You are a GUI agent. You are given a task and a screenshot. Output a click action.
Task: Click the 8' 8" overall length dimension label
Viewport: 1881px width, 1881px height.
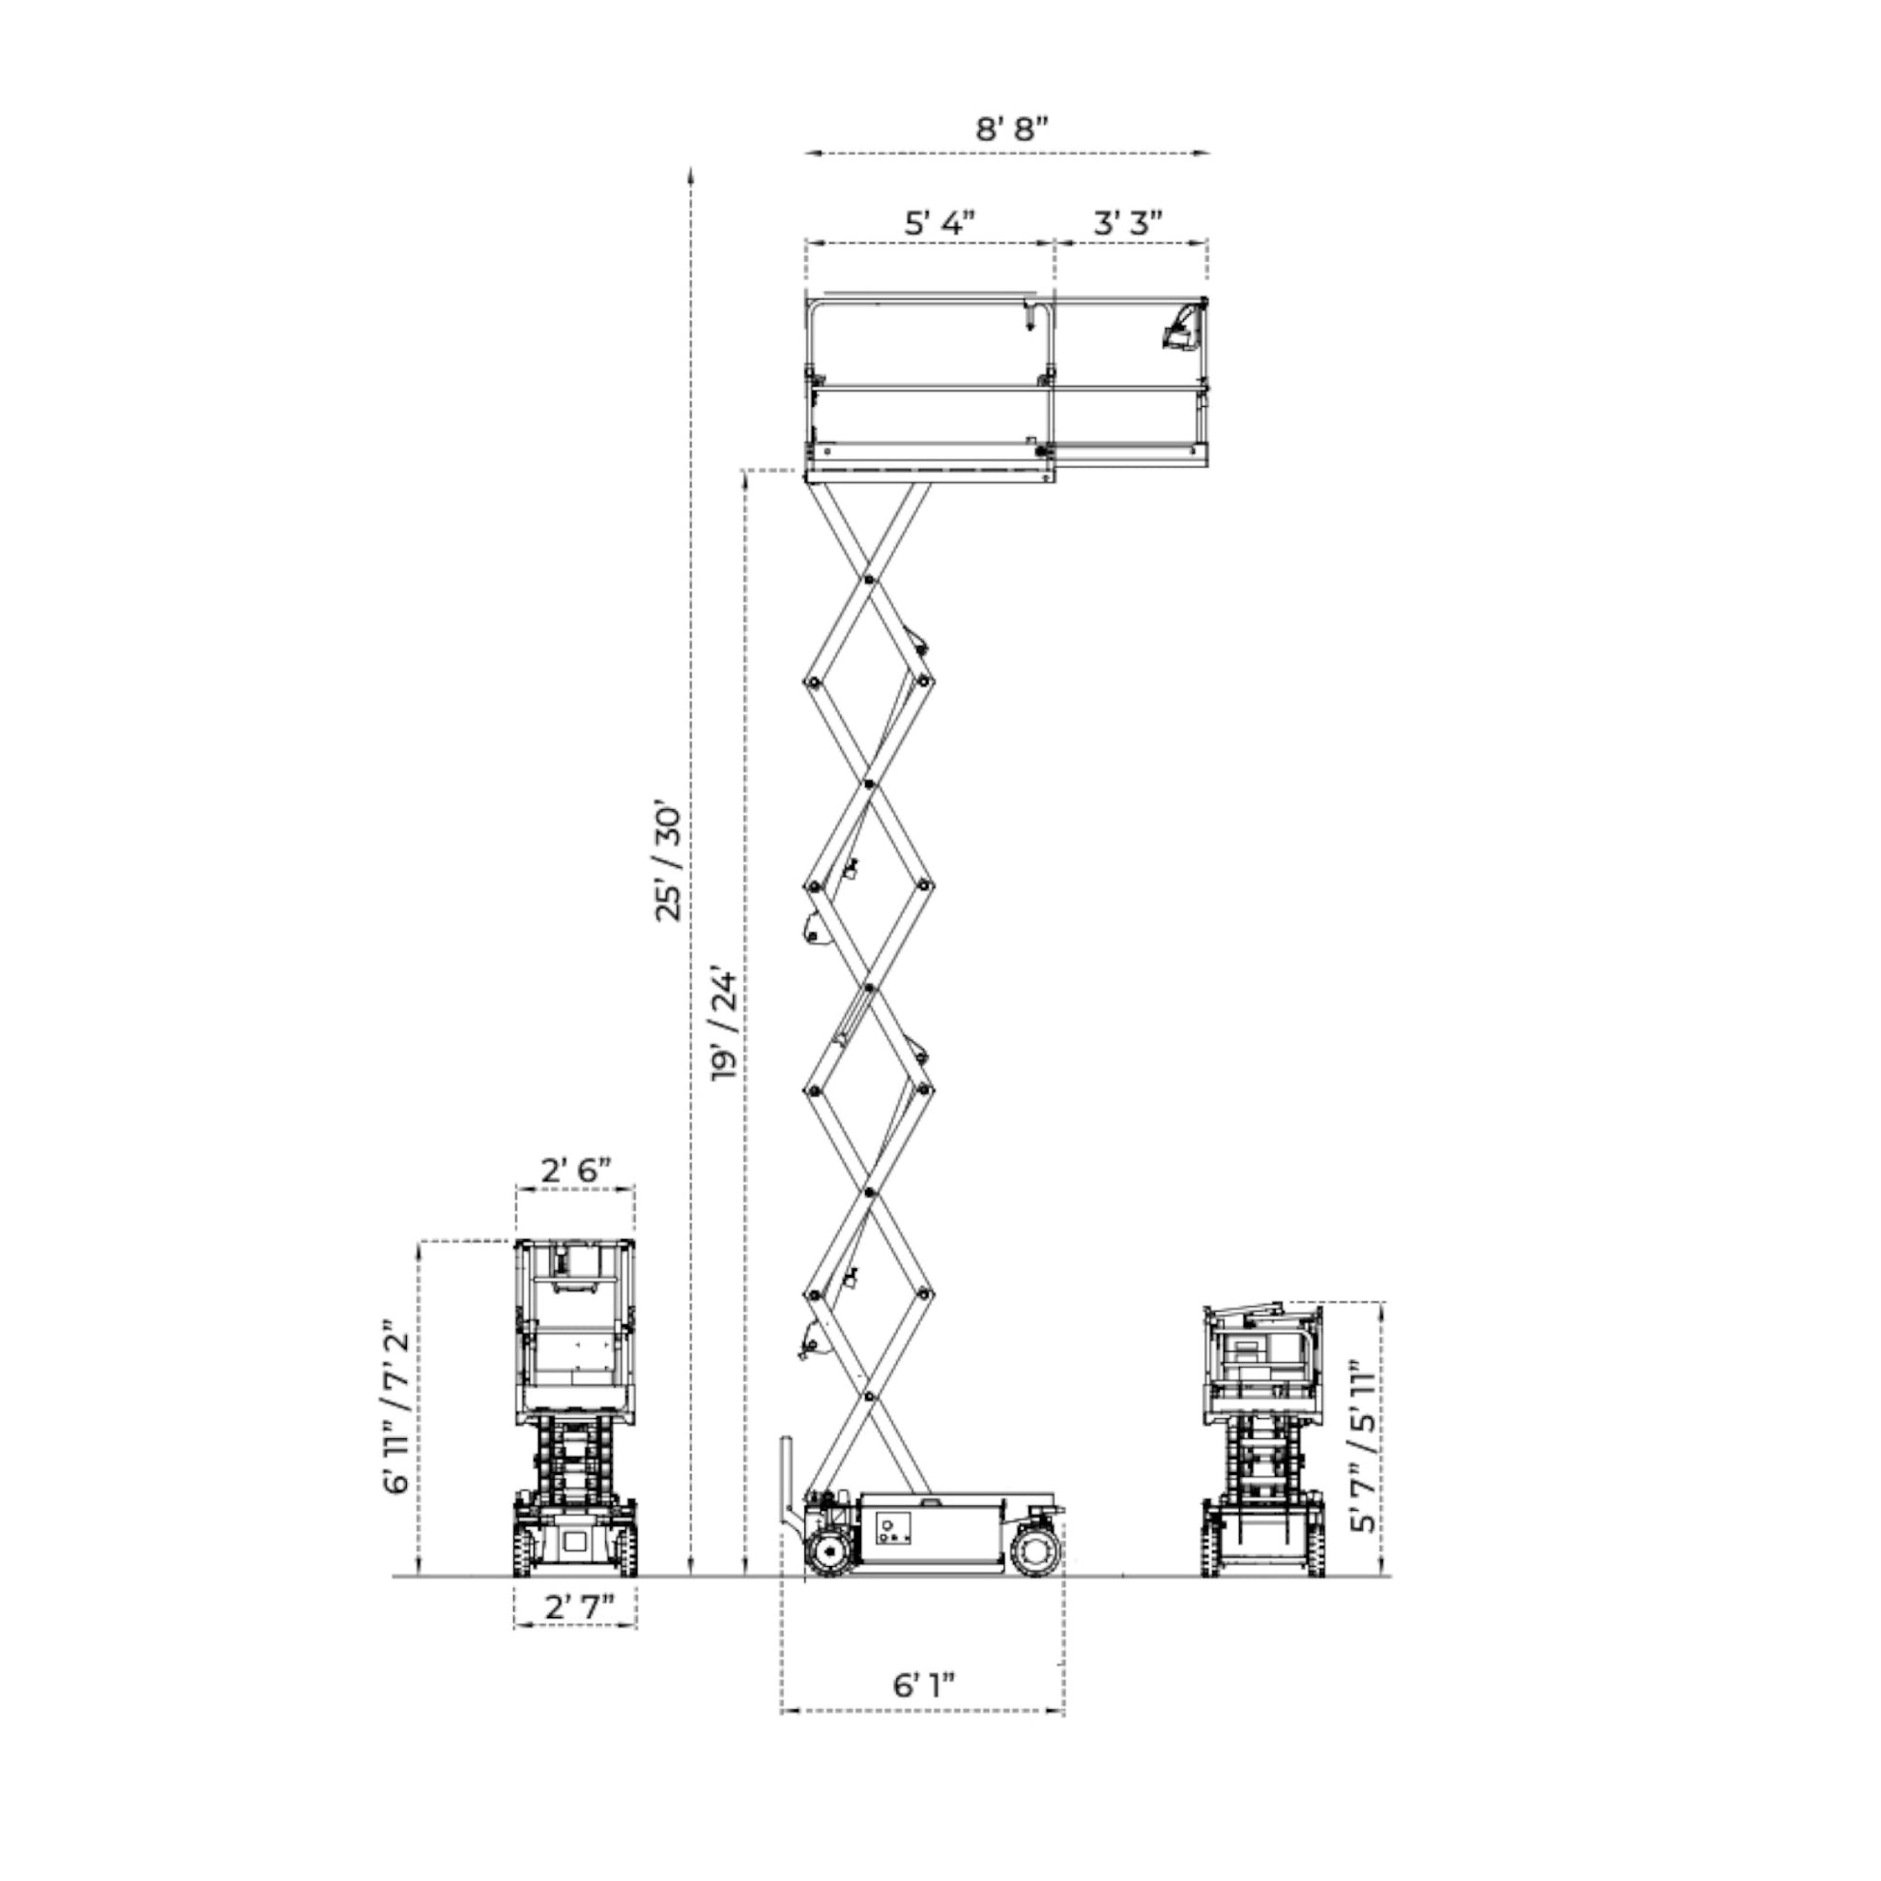1012,128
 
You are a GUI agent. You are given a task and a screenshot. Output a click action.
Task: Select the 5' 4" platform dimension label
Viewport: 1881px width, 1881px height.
940,222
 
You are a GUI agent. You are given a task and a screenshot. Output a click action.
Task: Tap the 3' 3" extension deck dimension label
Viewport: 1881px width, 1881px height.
1128,222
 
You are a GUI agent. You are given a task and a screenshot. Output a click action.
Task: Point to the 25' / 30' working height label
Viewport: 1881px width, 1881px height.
670,863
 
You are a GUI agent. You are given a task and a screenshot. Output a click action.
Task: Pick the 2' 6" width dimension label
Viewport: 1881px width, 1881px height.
575,1170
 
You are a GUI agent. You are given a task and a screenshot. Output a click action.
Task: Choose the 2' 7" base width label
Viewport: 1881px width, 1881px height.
576,1607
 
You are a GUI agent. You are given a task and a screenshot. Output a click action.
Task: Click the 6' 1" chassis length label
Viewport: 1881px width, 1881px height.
924,1686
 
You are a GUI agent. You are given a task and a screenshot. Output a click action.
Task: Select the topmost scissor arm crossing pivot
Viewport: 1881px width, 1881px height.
866,580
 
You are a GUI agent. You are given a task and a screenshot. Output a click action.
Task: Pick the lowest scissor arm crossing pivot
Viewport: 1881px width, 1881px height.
867,1399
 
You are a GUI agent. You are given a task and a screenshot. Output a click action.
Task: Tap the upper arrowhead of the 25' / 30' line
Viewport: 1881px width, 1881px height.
690,174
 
